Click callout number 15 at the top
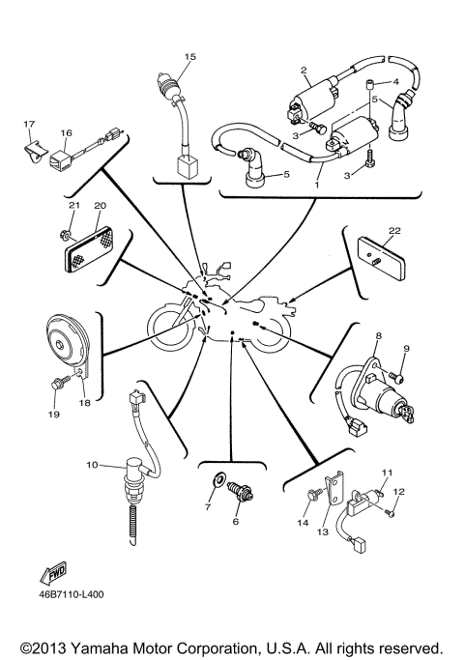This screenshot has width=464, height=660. pos(189,57)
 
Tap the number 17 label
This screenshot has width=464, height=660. pos(29,125)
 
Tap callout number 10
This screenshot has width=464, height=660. pos(91,465)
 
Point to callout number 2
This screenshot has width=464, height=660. pos(304,70)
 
